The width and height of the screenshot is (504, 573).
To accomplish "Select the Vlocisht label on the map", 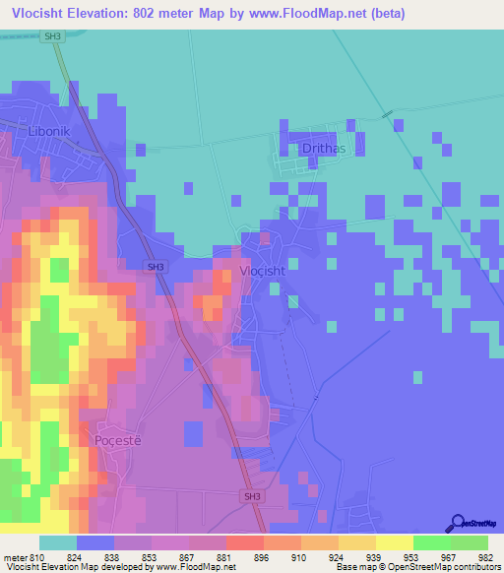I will [x=262, y=271].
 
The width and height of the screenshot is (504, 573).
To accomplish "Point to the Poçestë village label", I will [x=119, y=439].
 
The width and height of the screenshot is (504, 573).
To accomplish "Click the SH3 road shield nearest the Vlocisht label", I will [x=156, y=267].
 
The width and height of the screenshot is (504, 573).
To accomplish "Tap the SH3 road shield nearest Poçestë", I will [x=253, y=497].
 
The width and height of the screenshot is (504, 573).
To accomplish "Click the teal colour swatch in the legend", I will [x=57, y=542].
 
